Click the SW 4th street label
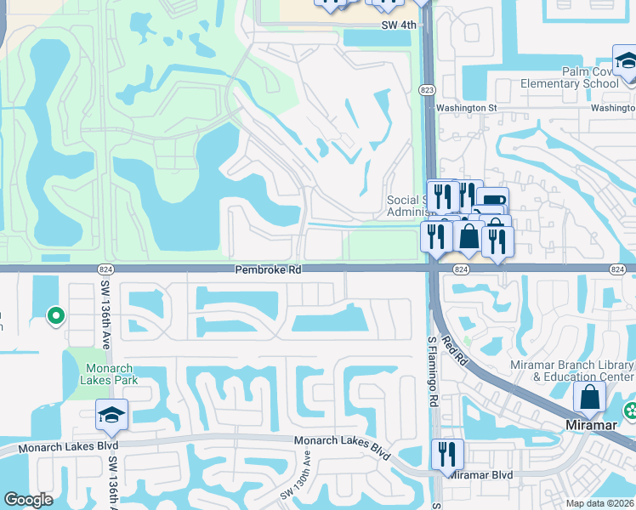point(400,25)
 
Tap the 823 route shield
point(427,89)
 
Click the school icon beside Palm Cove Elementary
point(625,64)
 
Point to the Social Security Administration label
point(405,206)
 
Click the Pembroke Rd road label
point(269,269)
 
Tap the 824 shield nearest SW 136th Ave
point(95,269)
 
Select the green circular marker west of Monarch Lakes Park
point(56,317)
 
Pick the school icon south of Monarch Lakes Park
point(111,415)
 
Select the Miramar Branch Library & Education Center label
point(582,371)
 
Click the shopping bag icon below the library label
point(590,397)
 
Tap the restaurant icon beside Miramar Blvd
point(446,455)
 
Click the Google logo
point(28,500)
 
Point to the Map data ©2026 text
point(600,504)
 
